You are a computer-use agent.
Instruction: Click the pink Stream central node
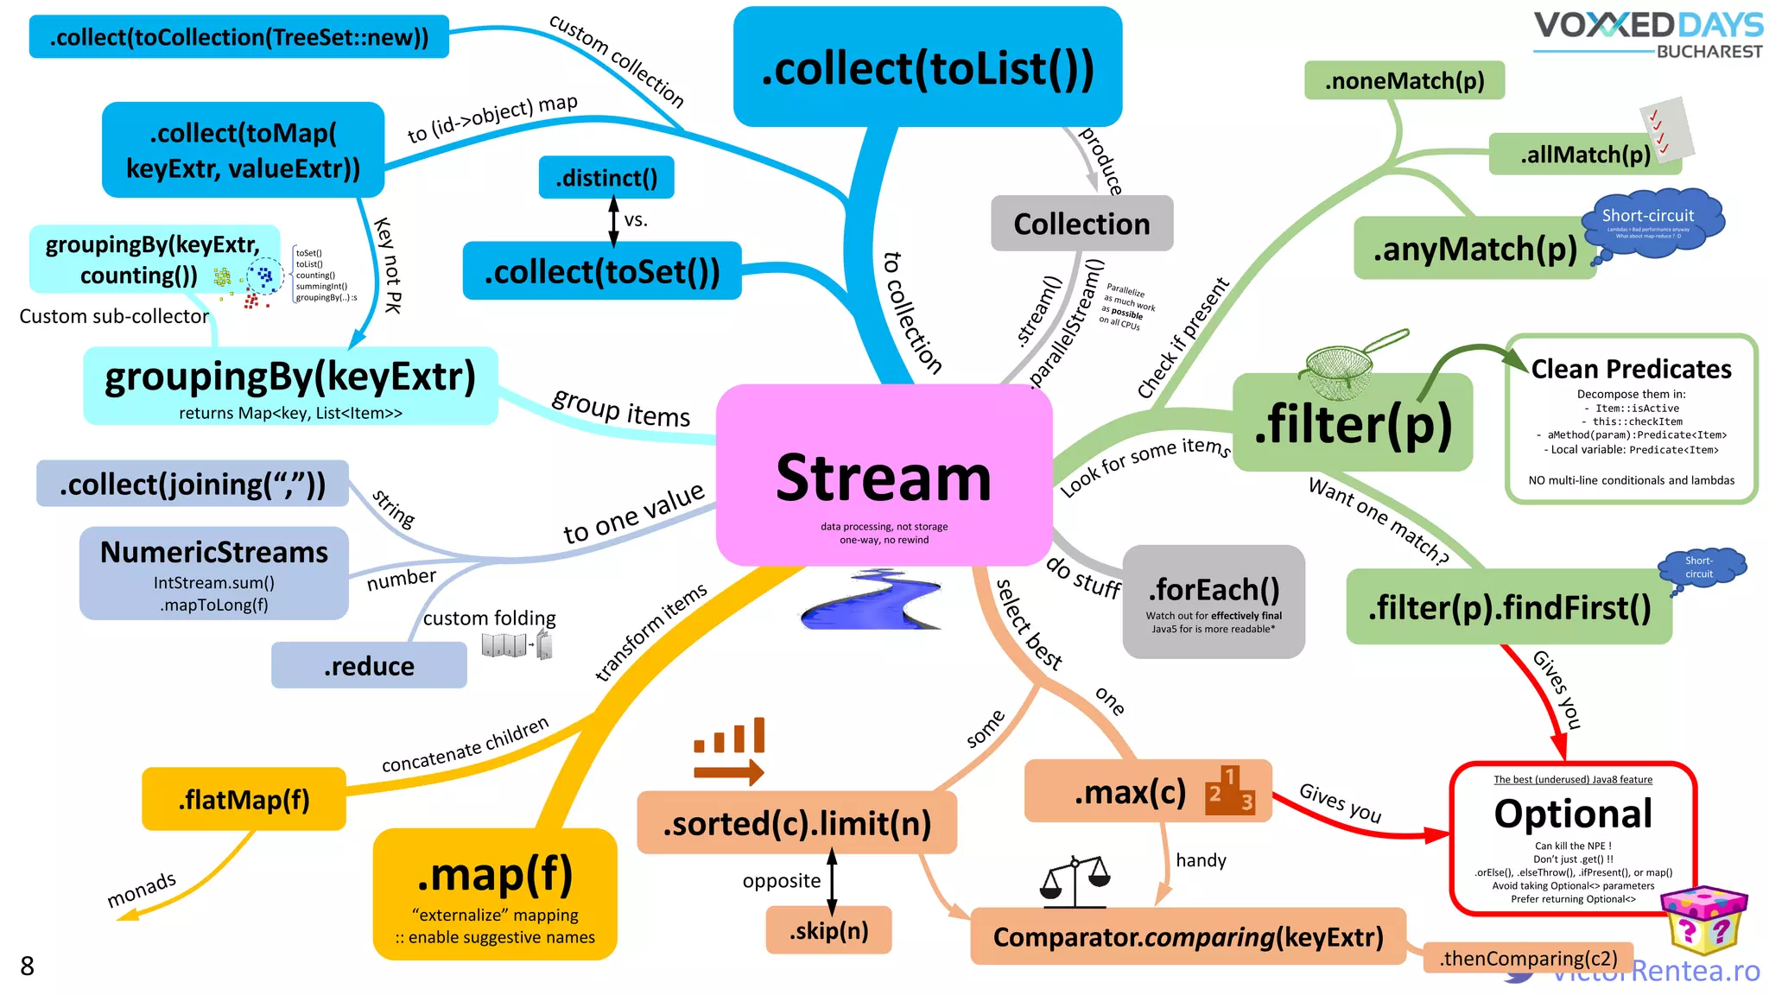click(884, 475)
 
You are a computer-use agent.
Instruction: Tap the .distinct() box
click(606, 177)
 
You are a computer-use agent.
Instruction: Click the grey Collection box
click(1081, 224)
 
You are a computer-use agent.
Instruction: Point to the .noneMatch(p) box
click(1404, 80)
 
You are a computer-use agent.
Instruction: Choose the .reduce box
click(369, 665)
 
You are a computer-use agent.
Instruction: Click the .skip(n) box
click(828, 930)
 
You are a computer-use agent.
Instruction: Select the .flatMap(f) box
click(244, 799)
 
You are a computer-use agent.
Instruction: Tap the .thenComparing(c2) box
click(1527, 958)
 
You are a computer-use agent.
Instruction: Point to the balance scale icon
click(1075, 881)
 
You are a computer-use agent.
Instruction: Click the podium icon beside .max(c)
click(1230, 790)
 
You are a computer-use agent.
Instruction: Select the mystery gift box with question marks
click(1703, 919)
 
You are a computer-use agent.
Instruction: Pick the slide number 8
click(28, 966)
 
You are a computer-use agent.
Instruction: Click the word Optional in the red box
click(1573, 813)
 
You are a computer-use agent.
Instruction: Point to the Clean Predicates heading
click(1631, 369)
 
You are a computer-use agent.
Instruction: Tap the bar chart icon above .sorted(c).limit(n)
click(730, 750)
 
